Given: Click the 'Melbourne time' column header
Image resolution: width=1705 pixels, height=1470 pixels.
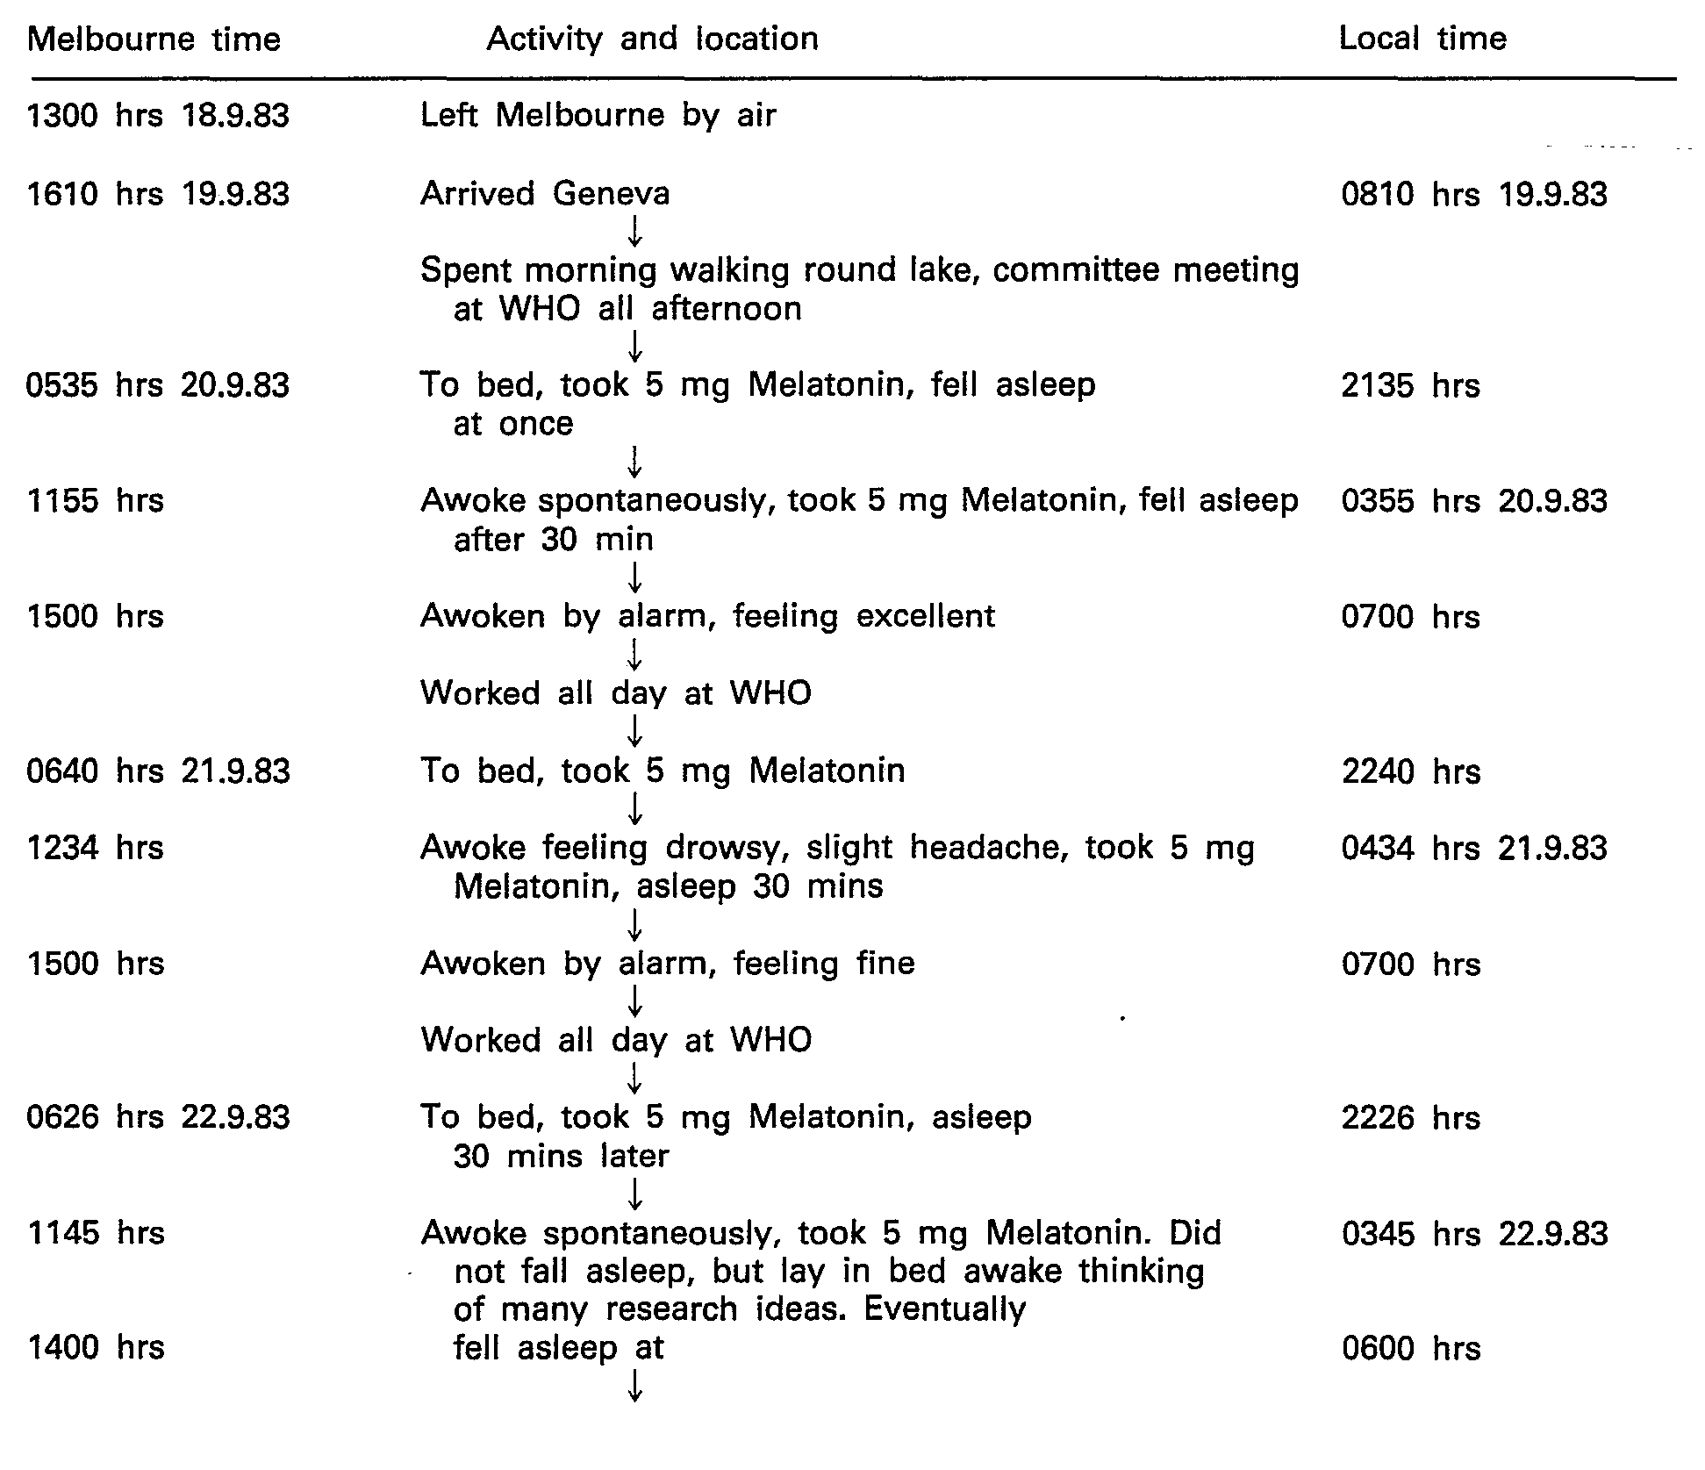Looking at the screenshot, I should tap(154, 39).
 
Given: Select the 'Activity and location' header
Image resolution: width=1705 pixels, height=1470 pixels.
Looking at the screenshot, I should tap(652, 39).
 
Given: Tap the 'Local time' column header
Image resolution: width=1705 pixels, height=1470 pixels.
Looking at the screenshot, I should tap(1422, 39).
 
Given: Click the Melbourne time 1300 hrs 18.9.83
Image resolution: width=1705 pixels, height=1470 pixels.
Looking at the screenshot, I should tap(158, 116).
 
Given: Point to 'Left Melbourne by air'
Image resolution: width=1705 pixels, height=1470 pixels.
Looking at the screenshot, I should tap(598, 116).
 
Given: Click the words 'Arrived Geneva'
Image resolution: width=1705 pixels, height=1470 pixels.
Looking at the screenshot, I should tap(544, 193).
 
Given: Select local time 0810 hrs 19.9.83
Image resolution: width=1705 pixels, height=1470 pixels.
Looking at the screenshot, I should tap(1473, 194).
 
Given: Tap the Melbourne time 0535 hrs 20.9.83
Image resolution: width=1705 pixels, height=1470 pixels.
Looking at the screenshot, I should tap(158, 385).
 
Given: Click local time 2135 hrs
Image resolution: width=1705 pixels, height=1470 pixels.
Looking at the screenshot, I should tap(1410, 386).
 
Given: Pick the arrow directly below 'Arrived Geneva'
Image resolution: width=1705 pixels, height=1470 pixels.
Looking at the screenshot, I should tap(634, 232).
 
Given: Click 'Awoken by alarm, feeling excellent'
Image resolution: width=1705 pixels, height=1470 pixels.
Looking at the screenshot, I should tap(707, 616).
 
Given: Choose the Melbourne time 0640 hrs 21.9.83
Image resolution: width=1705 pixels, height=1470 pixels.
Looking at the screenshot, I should tap(158, 771).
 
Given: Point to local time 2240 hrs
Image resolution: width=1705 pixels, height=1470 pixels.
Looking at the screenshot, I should tap(1410, 772).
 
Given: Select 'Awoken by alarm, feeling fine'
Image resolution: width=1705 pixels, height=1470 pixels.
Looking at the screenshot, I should tap(667, 964).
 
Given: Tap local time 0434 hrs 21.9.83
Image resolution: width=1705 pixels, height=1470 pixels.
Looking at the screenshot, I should tap(1473, 849).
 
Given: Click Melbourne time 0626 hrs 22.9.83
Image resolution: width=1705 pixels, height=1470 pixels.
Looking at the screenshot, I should tap(158, 1117).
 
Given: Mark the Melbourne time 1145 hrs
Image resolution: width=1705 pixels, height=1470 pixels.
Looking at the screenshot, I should tap(96, 1233).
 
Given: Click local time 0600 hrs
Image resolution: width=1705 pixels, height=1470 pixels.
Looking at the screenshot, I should tap(1410, 1348).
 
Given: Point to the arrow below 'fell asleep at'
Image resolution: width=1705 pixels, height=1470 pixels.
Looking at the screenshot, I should tap(634, 1386).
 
